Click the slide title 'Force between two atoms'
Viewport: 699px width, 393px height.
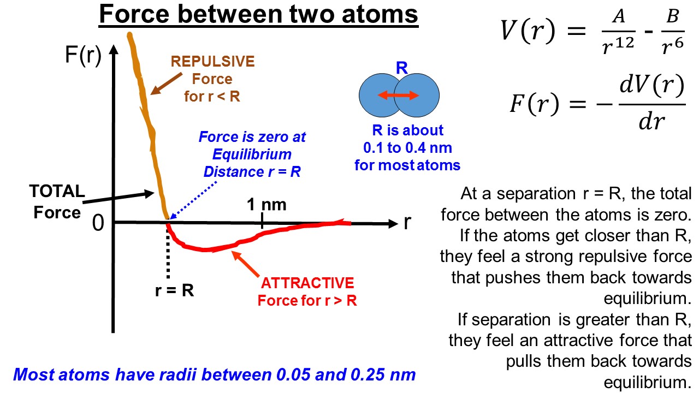tap(258, 15)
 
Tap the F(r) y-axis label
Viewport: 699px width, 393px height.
tap(83, 56)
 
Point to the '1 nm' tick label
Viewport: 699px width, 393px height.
tap(266, 205)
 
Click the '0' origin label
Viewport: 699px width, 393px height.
tap(98, 224)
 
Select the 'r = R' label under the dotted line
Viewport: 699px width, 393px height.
tap(174, 290)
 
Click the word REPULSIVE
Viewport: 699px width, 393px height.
tap(213, 61)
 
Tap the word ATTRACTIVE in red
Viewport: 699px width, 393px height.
tap(307, 283)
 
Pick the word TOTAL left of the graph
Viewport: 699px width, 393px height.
tap(57, 192)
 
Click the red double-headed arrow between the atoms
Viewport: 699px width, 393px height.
tap(399, 96)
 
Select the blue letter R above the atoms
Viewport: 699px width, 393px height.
tap(402, 68)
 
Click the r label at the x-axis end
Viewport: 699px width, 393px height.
tap(407, 223)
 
